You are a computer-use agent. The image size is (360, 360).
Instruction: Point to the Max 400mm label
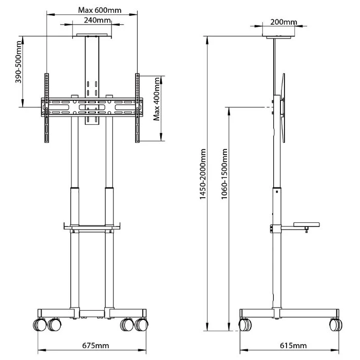click(x=157, y=108)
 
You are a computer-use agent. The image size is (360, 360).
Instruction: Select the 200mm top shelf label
click(x=283, y=22)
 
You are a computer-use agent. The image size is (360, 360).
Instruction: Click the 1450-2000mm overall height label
click(x=203, y=174)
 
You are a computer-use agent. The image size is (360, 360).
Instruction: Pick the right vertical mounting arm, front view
click(x=138, y=108)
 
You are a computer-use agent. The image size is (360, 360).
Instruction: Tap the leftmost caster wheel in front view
click(x=40, y=325)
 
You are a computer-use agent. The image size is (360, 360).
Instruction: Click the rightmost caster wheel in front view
click(x=141, y=325)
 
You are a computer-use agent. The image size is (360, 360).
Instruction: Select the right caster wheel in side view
click(x=335, y=325)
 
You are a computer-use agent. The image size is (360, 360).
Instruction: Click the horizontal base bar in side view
click(x=290, y=313)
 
